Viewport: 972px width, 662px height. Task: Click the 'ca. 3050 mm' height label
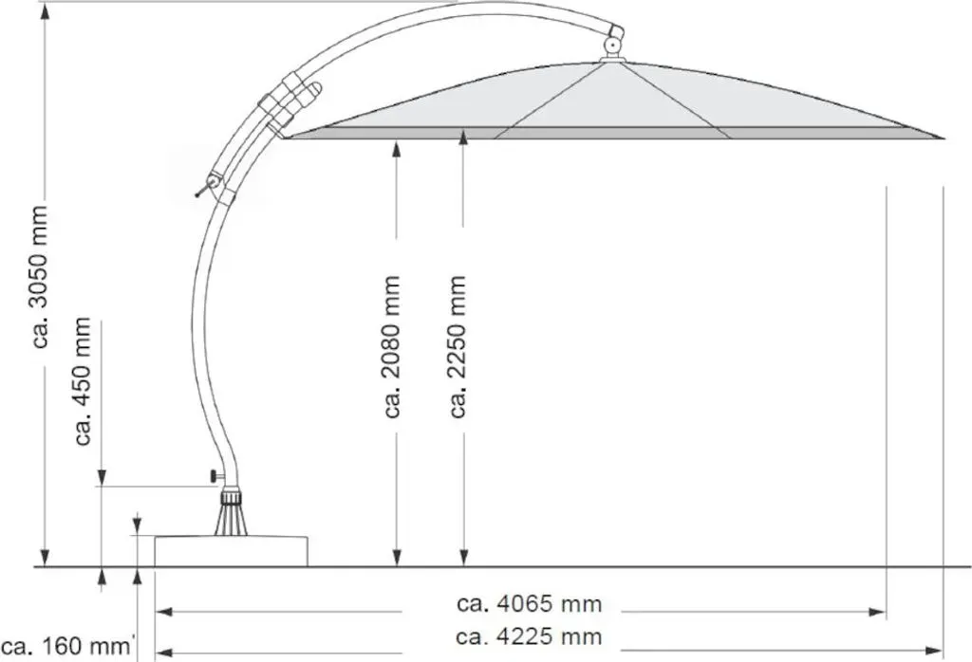(41, 277)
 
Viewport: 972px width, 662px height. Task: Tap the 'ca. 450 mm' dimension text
(84, 381)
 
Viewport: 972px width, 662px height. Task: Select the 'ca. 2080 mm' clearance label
(392, 347)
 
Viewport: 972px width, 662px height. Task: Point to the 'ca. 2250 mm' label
(458, 347)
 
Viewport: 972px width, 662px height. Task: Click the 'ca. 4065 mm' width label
(530, 604)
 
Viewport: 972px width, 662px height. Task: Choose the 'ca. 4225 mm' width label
(529, 636)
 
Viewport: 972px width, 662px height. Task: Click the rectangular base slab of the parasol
(232, 551)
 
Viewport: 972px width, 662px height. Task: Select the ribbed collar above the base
(232, 498)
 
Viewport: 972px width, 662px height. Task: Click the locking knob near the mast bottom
(215, 475)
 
